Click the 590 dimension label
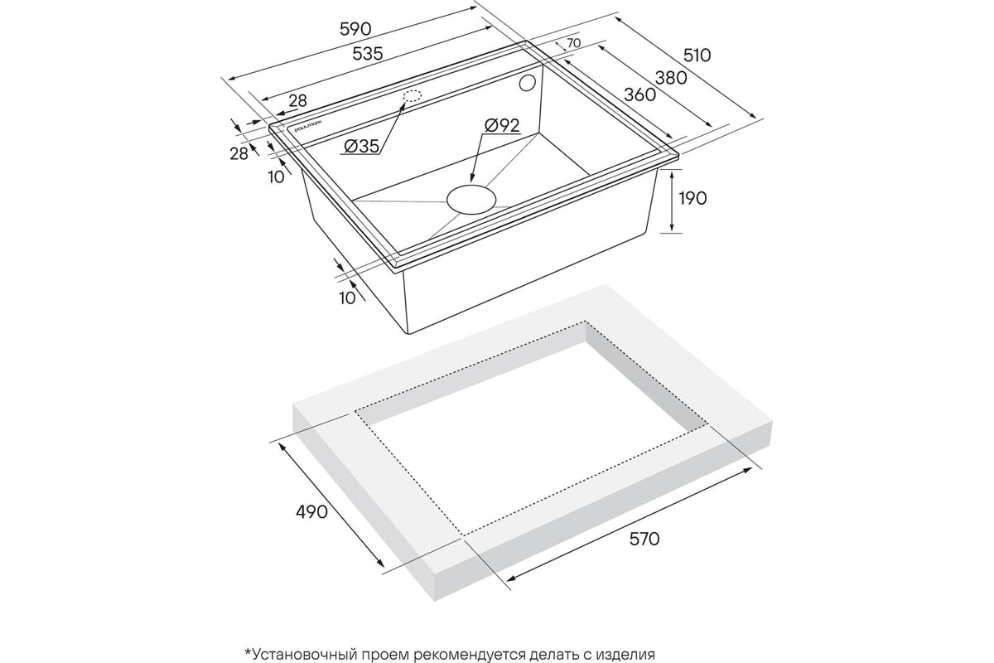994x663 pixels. click(355, 29)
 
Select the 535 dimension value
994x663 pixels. click(368, 54)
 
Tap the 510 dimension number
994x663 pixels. click(697, 56)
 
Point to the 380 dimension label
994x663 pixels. click(671, 78)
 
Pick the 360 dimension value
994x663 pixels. click(639, 94)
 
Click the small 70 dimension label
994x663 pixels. click(574, 43)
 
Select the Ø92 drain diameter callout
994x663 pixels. click(502, 126)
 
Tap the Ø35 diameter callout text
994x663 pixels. click(362, 146)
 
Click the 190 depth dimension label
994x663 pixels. click(692, 198)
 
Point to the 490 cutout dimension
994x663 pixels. click(311, 512)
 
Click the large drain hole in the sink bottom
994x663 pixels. click(470, 200)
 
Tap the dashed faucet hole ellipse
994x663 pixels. click(413, 96)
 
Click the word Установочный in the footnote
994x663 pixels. click(305, 655)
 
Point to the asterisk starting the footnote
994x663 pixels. click(248, 652)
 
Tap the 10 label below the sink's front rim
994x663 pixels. click(347, 298)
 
